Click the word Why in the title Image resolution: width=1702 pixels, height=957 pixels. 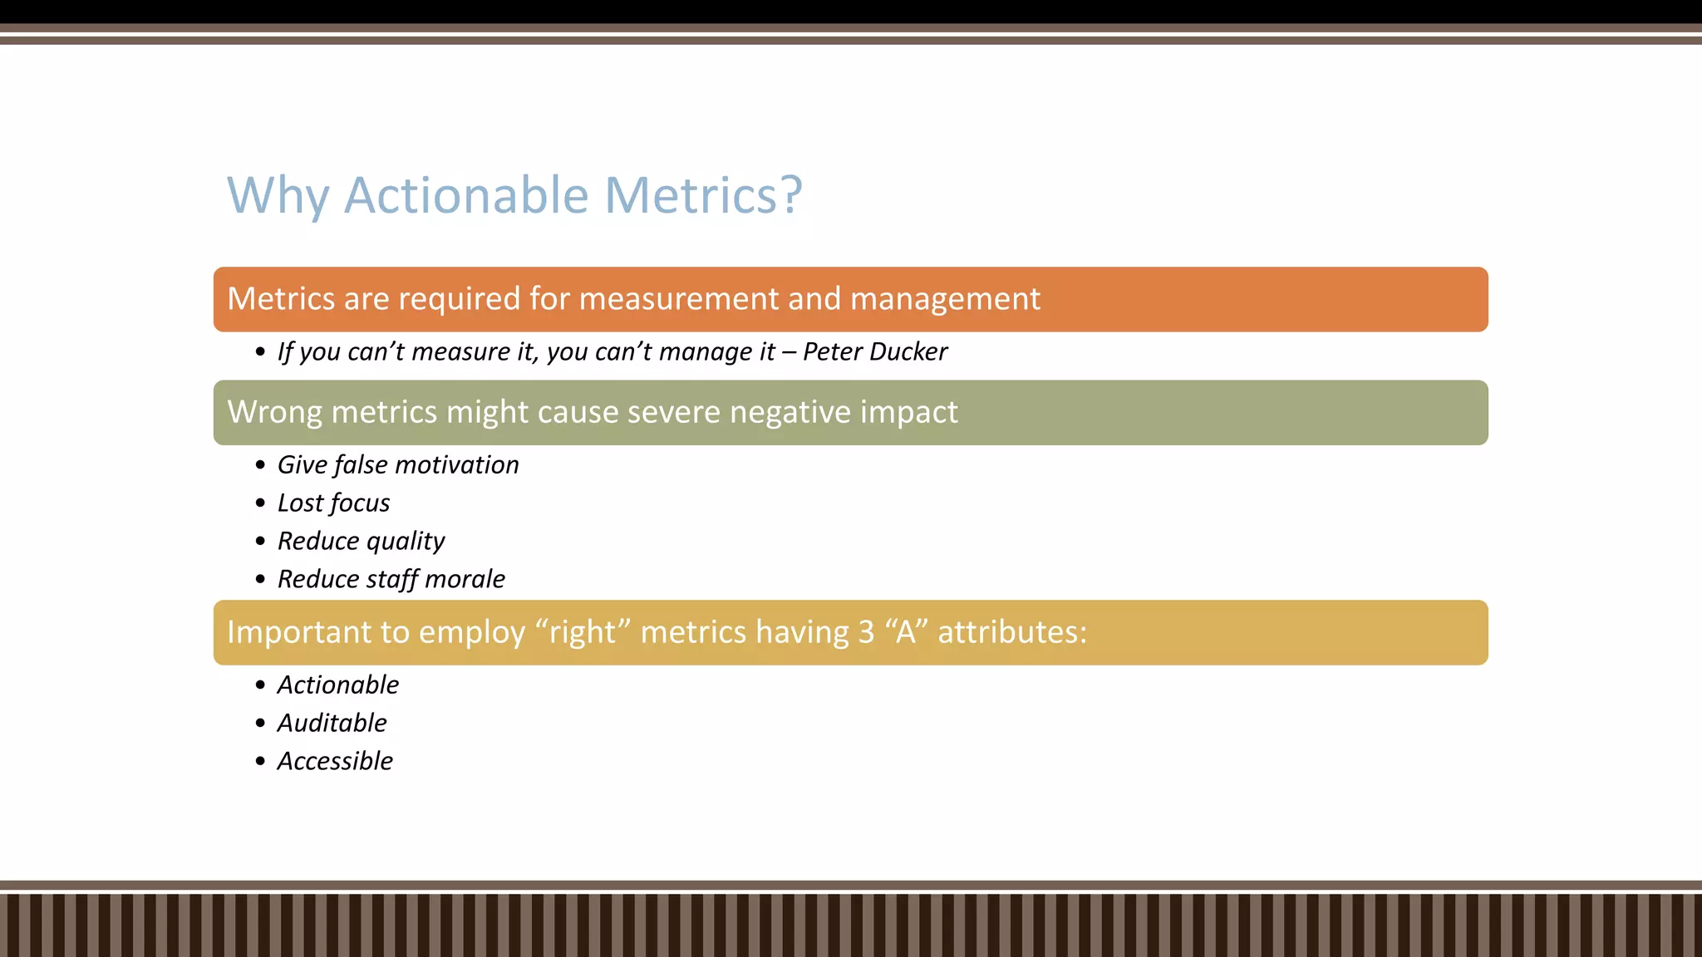pyautogui.click(x=278, y=195)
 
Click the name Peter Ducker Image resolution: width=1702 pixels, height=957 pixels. pyautogui.click(x=874, y=351)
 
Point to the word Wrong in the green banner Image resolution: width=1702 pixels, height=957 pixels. pyautogui.click(x=273, y=412)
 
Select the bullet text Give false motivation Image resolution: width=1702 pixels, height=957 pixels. pyautogui.click(x=397, y=464)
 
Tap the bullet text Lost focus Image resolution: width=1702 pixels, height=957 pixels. pyautogui.click(x=333, y=503)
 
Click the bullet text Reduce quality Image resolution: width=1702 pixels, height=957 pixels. pyautogui.click(x=361, y=541)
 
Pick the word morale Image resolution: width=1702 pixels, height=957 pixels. pyautogui.click(x=465, y=579)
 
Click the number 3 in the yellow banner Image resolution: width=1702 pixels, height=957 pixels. pyautogui.click(x=866, y=632)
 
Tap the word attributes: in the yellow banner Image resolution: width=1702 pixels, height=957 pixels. pyautogui.click(x=1011, y=632)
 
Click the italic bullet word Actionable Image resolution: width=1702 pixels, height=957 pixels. pyautogui.click(x=337, y=685)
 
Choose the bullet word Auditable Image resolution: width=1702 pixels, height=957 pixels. pyautogui.click(x=332, y=723)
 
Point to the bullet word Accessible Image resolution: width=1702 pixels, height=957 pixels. pyautogui.click(x=335, y=761)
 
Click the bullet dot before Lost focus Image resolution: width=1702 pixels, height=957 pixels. pyautogui.click(x=260, y=503)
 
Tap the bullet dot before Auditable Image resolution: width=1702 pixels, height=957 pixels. pyautogui.click(x=260, y=724)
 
